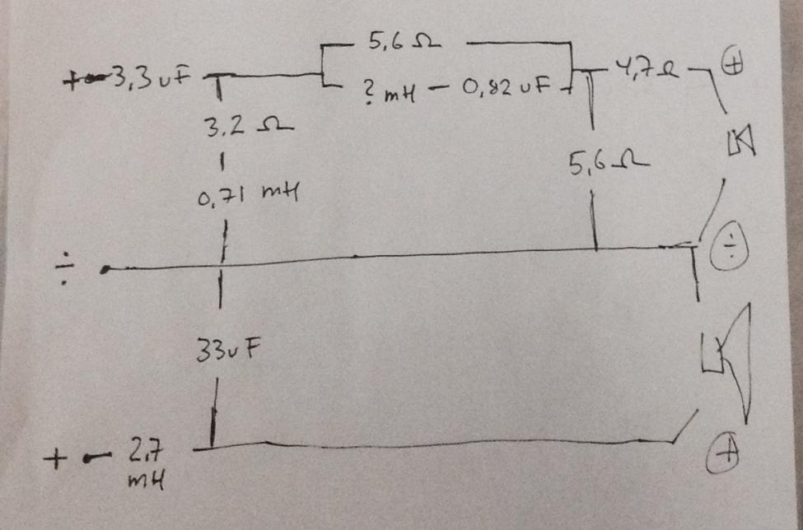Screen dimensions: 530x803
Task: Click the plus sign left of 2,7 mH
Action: point(59,454)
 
